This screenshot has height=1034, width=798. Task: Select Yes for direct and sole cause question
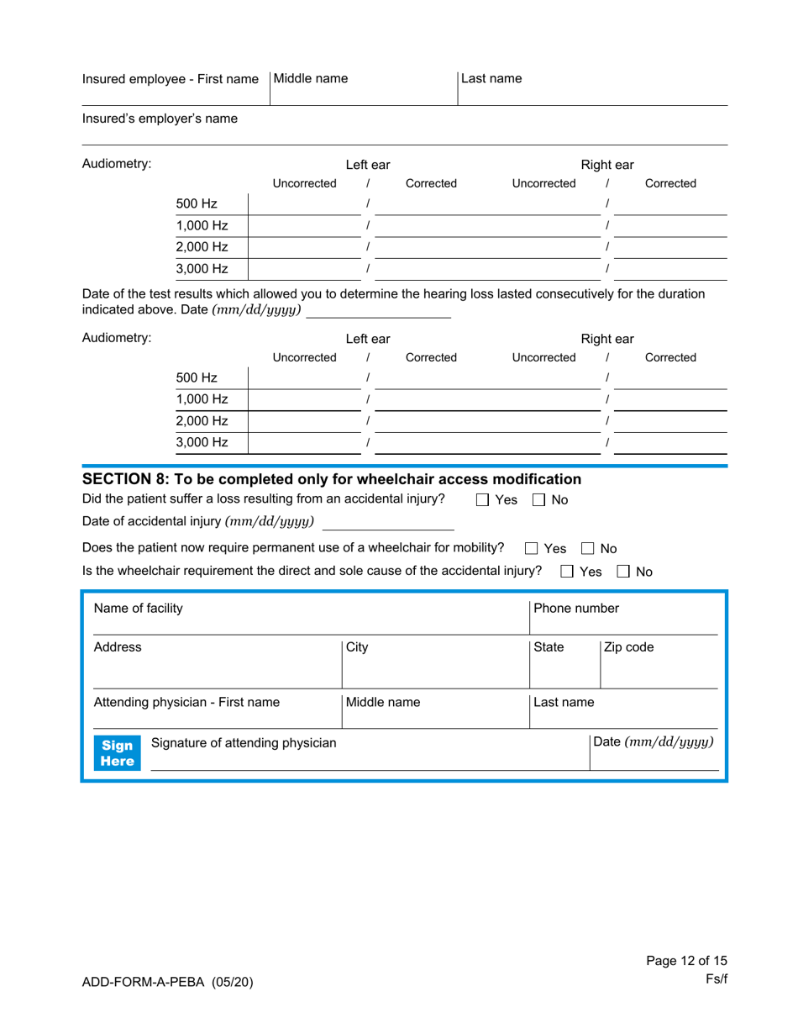(566, 572)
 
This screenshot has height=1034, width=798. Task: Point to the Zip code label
(631, 647)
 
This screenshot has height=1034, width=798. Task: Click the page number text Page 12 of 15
(686, 960)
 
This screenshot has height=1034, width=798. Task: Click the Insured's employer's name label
(160, 119)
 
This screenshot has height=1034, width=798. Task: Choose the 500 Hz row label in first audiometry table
(196, 204)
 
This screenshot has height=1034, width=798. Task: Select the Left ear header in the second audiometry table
(368, 339)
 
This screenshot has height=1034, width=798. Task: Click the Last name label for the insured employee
(492, 79)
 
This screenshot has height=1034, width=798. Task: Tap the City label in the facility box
(357, 647)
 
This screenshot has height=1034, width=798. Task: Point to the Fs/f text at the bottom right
(716, 979)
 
